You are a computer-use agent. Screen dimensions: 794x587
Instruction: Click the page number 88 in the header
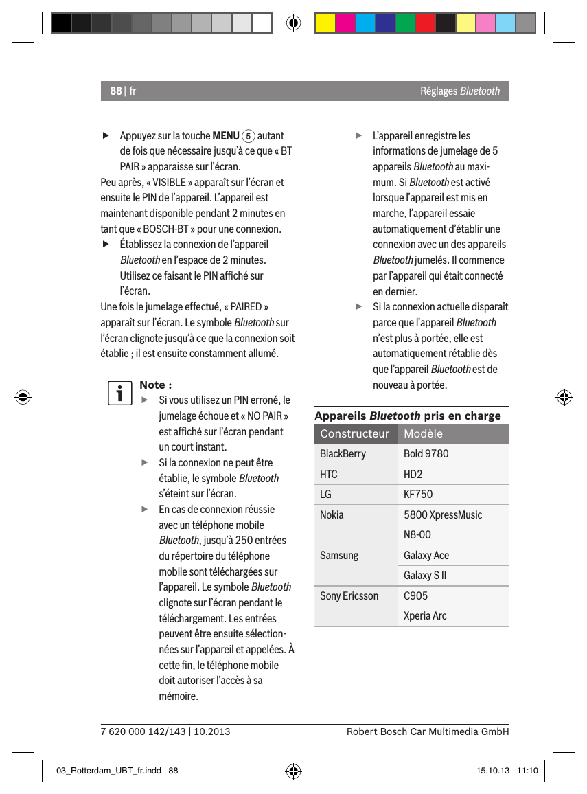click(x=115, y=91)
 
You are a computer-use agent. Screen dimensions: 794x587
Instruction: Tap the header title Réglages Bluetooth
click(x=460, y=91)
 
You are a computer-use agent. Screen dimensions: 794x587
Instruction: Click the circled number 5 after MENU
click(x=248, y=135)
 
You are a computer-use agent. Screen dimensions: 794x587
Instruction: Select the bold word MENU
click(x=226, y=135)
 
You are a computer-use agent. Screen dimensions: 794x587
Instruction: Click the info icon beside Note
click(x=119, y=394)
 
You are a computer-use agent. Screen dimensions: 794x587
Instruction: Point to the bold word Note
click(x=152, y=385)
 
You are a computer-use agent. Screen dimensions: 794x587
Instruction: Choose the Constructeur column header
click(x=354, y=434)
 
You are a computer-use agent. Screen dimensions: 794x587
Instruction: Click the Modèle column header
click(x=423, y=434)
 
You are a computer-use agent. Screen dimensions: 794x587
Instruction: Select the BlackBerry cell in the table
click(x=343, y=454)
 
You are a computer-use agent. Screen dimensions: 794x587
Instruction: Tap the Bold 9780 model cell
click(x=426, y=454)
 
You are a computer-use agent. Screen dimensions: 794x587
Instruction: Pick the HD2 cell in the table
click(x=413, y=475)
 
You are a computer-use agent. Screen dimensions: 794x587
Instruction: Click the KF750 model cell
click(x=418, y=495)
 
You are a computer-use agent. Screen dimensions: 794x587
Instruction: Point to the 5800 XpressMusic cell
click(x=443, y=514)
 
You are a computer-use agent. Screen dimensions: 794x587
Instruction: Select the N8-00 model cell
click(x=417, y=535)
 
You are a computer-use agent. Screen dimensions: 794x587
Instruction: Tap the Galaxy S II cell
click(x=426, y=576)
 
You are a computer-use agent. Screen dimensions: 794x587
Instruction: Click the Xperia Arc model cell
click(x=425, y=616)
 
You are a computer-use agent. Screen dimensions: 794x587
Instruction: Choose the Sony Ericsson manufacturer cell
click(x=349, y=595)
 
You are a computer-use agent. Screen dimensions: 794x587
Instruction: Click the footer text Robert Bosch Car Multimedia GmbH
click(x=428, y=732)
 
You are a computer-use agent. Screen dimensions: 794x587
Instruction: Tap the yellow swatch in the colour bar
click(x=325, y=23)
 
